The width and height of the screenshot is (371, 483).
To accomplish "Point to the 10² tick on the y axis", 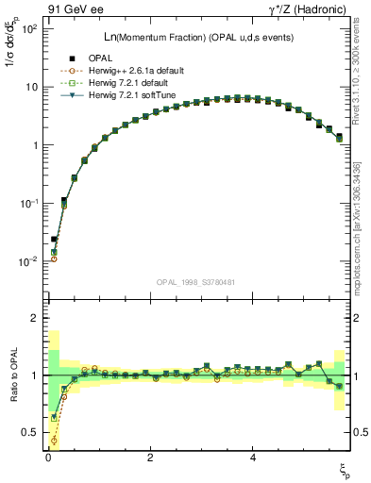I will click(x=29, y=28).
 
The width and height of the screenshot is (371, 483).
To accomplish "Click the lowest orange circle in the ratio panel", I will click(x=54, y=440).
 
